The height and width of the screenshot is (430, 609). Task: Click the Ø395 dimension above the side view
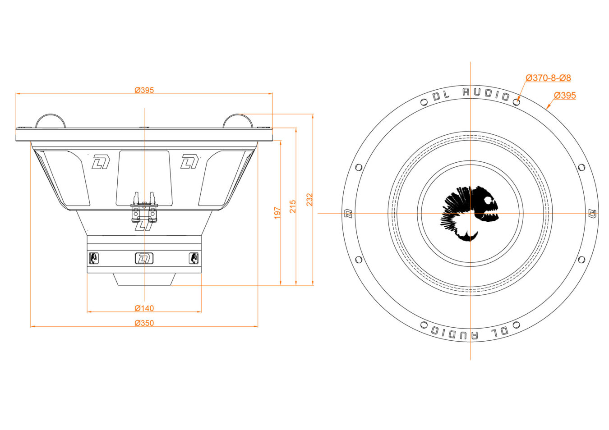click(x=144, y=90)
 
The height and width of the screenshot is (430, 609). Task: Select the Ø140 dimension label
click(x=144, y=308)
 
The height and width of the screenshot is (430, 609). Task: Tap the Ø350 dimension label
click(x=144, y=323)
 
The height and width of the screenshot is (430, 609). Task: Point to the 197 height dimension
click(x=277, y=213)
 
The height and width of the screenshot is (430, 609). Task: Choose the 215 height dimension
click(x=292, y=206)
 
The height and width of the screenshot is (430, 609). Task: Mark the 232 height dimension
click(x=309, y=200)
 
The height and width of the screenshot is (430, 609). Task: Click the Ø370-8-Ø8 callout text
click(x=548, y=78)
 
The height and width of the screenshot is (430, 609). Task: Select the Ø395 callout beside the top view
click(x=565, y=96)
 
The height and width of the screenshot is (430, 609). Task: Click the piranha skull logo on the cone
click(x=470, y=214)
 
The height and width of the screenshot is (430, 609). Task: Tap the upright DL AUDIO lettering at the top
click(x=471, y=94)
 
